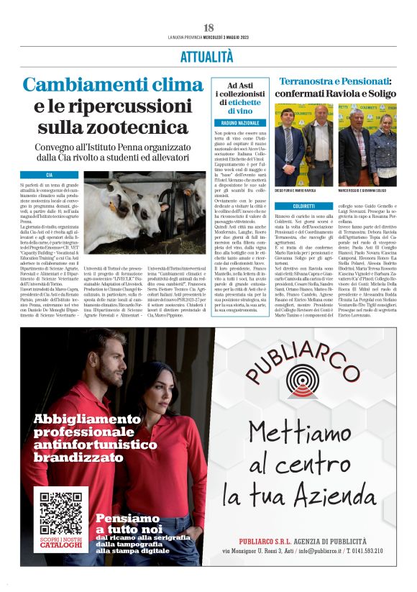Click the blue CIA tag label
[x=49, y=175]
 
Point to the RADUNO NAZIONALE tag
[x=239, y=123]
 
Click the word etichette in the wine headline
[x=247, y=103]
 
